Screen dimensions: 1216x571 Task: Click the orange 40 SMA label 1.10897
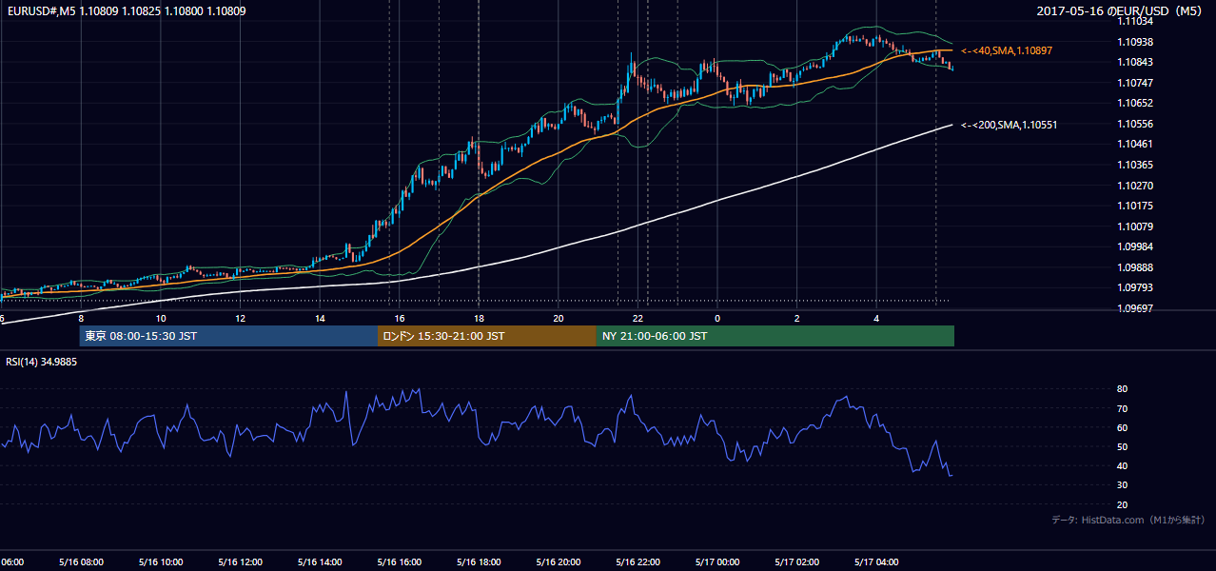pos(1007,50)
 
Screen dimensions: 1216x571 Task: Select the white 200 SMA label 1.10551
pos(1010,125)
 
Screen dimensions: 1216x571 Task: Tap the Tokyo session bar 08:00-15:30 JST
pos(228,336)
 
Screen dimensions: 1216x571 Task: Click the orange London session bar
pos(487,336)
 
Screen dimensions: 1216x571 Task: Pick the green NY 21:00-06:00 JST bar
pos(775,336)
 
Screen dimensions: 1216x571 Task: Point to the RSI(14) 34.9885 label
pos(41,362)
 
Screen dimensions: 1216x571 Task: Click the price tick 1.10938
pos(1135,42)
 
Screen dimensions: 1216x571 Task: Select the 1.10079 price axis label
pos(1135,226)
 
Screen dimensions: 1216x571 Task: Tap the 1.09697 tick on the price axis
pos(1135,308)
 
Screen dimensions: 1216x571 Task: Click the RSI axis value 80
pos(1122,388)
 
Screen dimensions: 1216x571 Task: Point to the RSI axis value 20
pos(1122,504)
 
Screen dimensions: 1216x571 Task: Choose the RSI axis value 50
pos(1122,446)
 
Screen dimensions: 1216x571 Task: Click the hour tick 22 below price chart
pos(637,319)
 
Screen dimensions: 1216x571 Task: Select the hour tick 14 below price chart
pos(320,319)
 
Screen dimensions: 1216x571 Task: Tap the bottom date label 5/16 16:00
pos(400,562)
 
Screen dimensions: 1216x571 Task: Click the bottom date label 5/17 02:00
pos(797,562)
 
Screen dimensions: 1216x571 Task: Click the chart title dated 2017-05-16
pos(1119,10)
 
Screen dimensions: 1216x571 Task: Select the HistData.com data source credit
pos(1128,520)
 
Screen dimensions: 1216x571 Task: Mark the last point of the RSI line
pos(951,476)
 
